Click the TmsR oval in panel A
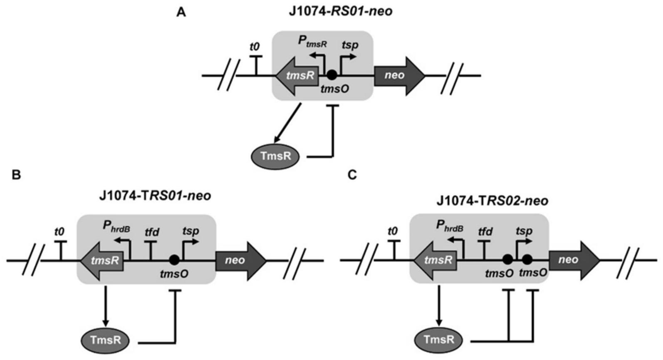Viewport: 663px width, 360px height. pyautogui.click(x=276, y=156)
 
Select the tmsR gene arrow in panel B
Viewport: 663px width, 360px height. pyautogui.click(x=102, y=261)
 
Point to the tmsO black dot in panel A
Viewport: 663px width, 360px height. pyautogui.click(x=331, y=75)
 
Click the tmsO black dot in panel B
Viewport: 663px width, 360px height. pyautogui.click(x=174, y=260)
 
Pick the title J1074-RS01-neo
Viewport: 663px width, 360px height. pyautogui.click(x=341, y=11)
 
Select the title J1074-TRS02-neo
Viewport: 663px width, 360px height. pyautogui.click(x=492, y=201)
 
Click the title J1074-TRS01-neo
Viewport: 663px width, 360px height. pyautogui.click(x=155, y=195)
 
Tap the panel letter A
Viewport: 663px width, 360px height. pyautogui.click(x=181, y=13)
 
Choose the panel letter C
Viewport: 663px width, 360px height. pyautogui.click(x=352, y=175)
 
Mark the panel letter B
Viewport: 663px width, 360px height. pyautogui.click(x=16, y=175)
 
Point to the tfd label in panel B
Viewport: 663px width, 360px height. pyautogui.click(x=152, y=232)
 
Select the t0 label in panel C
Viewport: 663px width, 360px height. pyautogui.click(x=392, y=231)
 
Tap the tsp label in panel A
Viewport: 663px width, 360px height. pyautogui.click(x=350, y=45)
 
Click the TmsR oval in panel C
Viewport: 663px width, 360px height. pyautogui.click(x=439, y=340)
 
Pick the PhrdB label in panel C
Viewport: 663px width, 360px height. pyautogui.click(x=450, y=226)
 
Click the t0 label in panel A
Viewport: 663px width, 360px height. pyautogui.click(x=255, y=47)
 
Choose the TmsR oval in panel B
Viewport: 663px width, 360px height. pyautogui.click(x=106, y=340)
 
